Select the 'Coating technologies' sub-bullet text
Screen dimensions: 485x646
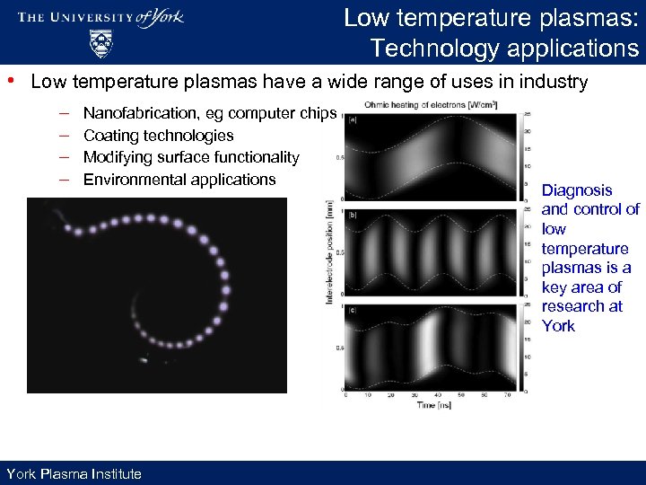point(158,136)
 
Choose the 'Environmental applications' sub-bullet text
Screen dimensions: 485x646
point(179,180)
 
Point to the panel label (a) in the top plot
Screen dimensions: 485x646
point(354,119)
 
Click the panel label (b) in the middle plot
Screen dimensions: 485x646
point(354,216)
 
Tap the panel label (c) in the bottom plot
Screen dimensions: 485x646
point(354,310)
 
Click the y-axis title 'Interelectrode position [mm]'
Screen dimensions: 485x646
point(329,251)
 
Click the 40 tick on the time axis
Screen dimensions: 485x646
point(437,396)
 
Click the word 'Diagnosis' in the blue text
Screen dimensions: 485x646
point(577,190)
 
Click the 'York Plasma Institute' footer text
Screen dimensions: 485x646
point(74,473)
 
